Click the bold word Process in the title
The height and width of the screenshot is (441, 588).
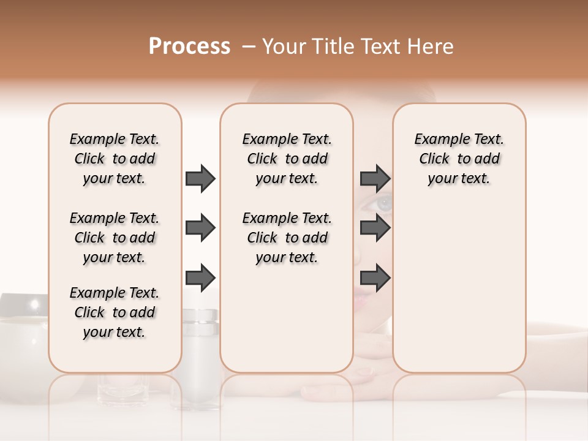click(189, 47)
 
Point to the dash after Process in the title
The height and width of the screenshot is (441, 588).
click(248, 47)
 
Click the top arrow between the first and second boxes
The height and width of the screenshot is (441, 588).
click(200, 178)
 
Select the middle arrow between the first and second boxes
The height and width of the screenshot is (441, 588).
click(200, 228)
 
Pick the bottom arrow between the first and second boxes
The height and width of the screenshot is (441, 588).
click(200, 277)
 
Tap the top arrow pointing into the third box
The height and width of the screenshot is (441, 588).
click(375, 178)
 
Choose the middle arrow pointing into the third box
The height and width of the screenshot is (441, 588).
click(375, 228)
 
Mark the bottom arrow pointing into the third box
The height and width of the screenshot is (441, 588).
click(375, 277)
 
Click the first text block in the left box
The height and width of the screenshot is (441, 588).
click(115, 159)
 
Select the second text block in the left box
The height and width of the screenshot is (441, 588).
click(115, 238)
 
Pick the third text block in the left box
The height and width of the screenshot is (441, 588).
click(115, 312)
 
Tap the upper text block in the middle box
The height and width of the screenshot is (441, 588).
click(287, 159)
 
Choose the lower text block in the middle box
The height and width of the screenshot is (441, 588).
click(287, 238)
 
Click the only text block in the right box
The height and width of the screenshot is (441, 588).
click(459, 159)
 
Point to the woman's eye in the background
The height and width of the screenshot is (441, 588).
click(383, 203)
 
